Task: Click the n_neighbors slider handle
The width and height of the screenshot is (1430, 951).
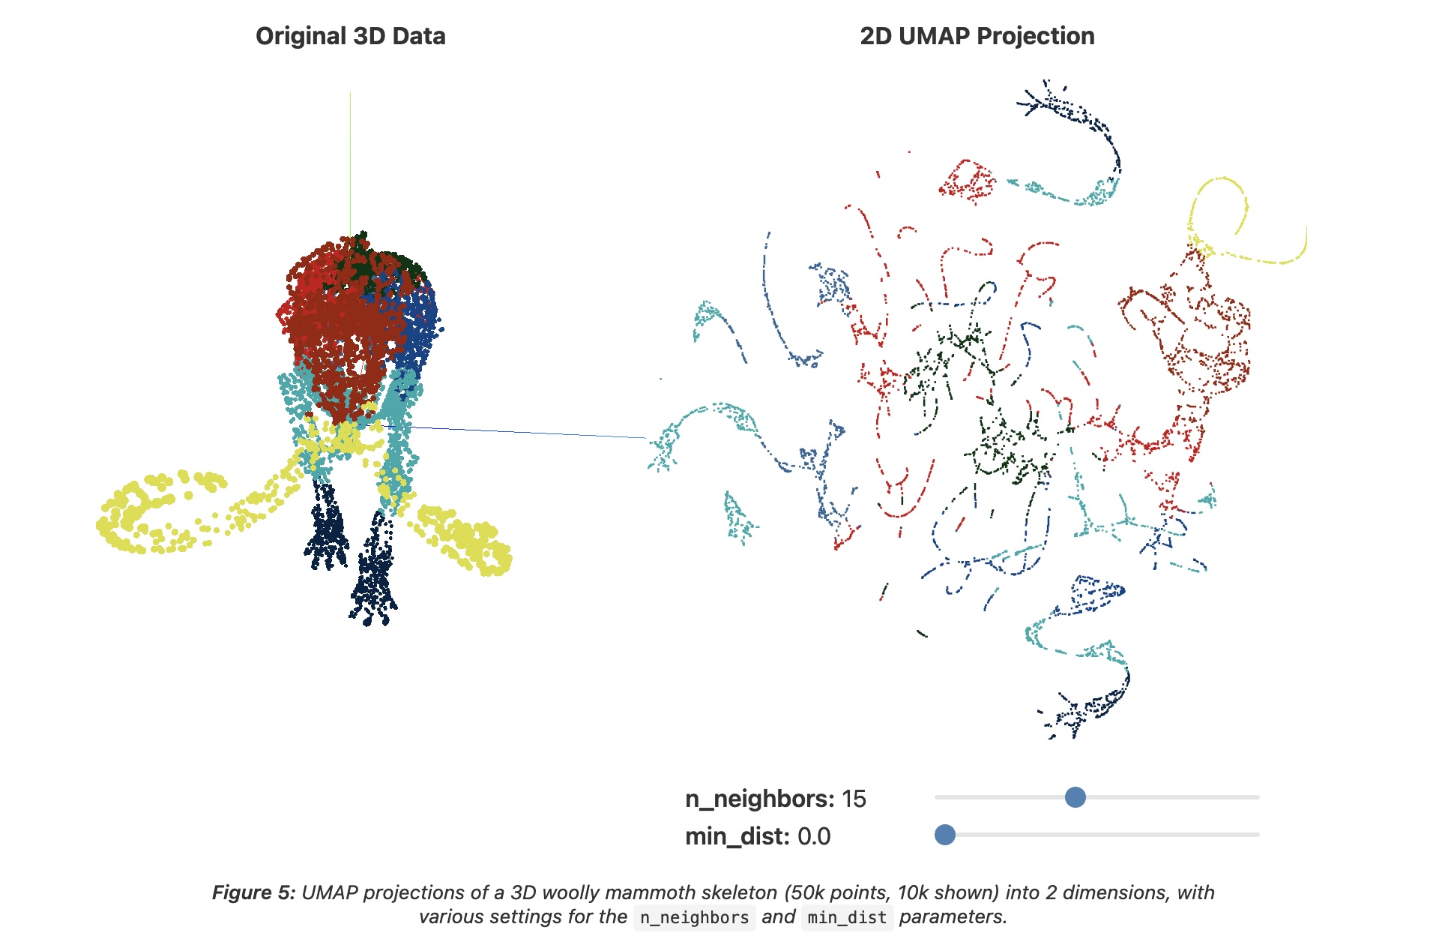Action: [1075, 797]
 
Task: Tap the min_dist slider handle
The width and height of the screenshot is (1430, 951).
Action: [945, 835]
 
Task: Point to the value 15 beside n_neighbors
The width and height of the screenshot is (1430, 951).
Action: [854, 799]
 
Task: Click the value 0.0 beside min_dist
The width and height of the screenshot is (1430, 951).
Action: [814, 837]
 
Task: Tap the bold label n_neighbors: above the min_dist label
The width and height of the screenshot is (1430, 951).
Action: [759, 799]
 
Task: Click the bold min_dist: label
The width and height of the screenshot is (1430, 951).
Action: [737, 837]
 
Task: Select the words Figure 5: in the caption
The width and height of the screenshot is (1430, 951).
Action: [254, 892]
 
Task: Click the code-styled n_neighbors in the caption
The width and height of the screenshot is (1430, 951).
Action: [694, 918]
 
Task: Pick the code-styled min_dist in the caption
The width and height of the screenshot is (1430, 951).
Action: [847, 918]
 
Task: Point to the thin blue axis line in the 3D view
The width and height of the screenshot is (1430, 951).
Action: [525, 433]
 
